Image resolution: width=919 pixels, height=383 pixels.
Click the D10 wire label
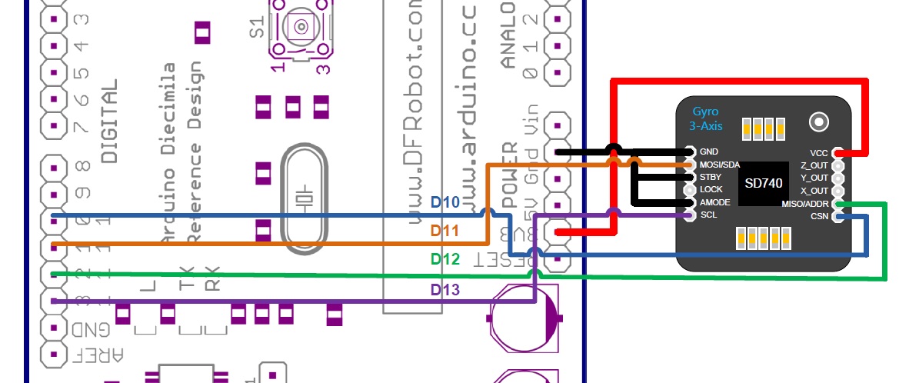click(x=445, y=204)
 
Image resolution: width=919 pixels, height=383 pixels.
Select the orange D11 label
click(x=445, y=230)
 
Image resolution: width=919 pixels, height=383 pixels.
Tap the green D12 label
click(x=445, y=260)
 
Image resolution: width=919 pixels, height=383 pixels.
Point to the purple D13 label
click(x=445, y=290)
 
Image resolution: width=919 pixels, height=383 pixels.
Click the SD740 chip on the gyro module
click(x=764, y=184)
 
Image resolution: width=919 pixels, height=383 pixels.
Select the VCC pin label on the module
click(x=818, y=153)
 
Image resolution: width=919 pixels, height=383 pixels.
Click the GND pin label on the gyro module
click(x=709, y=152)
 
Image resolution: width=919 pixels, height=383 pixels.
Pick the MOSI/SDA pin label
click(x=719, y=165)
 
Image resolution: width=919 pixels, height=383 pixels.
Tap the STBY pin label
click(x=711, y=177)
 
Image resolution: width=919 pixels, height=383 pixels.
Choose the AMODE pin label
click(x=714, y=202)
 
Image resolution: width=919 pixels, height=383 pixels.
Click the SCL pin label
click(x=708, y=215)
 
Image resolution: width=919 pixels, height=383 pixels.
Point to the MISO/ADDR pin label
click(x=804, y=203)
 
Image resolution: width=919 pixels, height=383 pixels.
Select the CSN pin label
click(x=818, y=216)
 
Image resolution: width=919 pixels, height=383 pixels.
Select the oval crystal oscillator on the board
click(x=305, y=198)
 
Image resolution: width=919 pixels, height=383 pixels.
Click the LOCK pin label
click(x=711, y=189)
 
